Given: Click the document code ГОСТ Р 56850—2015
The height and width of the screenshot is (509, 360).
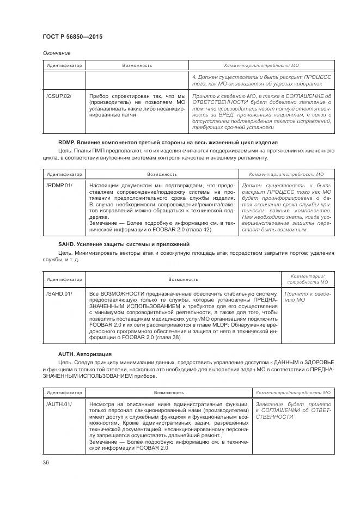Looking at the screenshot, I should click(x=72, y=36).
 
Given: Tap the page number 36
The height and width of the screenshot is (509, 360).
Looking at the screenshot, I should click(x=46, y=462).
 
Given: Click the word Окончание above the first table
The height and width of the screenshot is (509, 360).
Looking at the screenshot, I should click(x=56, y=53).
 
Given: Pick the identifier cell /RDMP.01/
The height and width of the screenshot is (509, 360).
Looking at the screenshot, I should click(x=59, y=186).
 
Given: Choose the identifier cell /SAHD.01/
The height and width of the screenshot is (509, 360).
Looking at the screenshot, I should click(x=59, y=293).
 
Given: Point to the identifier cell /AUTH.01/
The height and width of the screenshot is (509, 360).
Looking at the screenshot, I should click(x=59, y=404).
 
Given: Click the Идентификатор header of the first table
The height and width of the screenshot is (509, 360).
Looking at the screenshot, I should click(x=63, y=66).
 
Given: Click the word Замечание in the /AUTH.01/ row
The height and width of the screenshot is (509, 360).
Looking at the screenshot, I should click(x=103, y=442).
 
